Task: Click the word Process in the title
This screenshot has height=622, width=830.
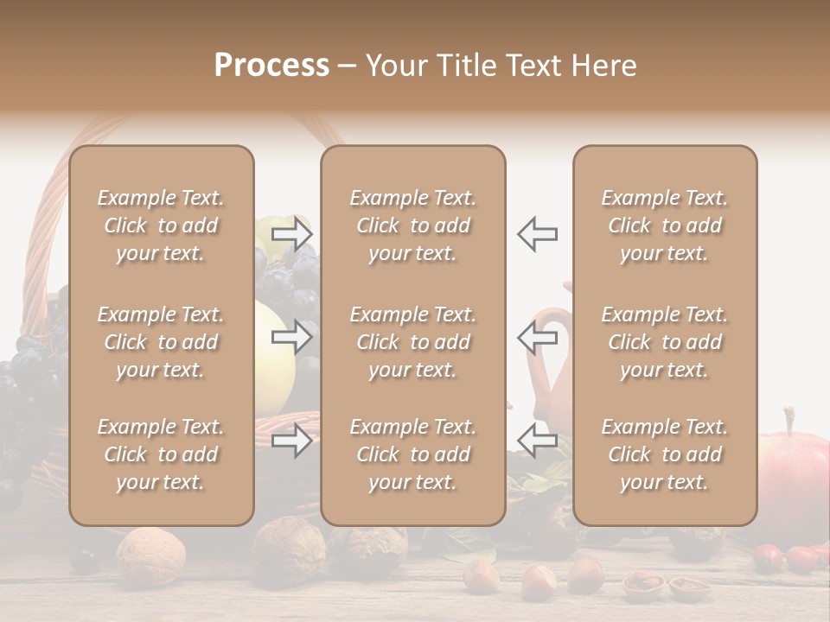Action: (271, 66)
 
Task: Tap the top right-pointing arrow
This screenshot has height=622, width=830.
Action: (291, 233)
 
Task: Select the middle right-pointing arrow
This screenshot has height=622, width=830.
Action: (291, 337)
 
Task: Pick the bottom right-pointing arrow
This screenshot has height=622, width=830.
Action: (291, 441)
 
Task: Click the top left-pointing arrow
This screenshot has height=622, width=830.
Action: (538, 233)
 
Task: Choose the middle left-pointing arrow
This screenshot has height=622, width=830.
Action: (538, 337)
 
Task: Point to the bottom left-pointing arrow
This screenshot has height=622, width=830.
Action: (538, 441)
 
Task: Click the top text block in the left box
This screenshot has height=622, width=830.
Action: (161, 225)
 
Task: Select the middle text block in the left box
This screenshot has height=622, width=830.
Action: (161, 342)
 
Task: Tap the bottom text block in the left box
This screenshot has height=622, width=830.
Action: (161, 454)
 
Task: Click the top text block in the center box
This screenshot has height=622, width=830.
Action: (413, 225)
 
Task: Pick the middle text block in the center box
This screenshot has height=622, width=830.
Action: (413, 342)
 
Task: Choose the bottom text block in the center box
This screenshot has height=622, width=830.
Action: (413, 454)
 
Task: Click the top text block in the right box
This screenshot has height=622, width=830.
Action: (665, 225)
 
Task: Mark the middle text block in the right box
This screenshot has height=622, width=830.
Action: (665, 342)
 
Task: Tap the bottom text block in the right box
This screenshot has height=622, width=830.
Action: (665, 454)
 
